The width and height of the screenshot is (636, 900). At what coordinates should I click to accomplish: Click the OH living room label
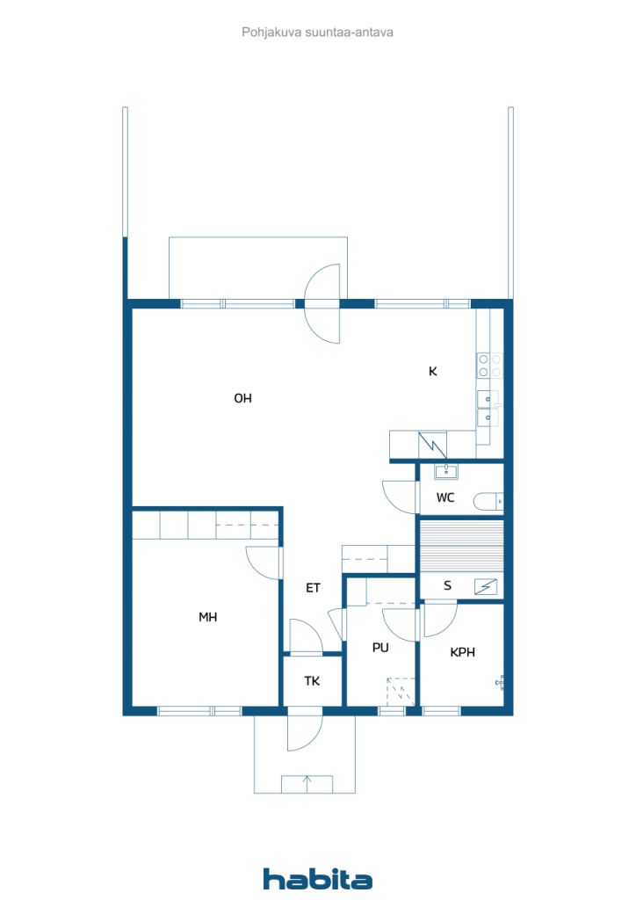tap(242, 398)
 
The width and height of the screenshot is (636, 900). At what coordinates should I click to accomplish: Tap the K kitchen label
tap(432, 371)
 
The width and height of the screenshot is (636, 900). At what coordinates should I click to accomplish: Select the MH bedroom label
tap(207, 618)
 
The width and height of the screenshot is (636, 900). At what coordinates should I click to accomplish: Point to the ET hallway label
tap(313, 588)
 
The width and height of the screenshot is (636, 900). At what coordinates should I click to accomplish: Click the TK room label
tap(312, 680)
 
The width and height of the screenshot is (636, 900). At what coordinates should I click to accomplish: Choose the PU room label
tap(379, 648)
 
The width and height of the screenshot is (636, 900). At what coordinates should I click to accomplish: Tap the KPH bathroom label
tap(462, 652)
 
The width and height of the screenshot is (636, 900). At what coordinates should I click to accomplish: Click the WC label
tap(445, 498)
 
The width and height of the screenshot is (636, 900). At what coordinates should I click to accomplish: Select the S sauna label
tap(447, 585)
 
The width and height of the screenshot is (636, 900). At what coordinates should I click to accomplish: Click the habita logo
tap(317, 878)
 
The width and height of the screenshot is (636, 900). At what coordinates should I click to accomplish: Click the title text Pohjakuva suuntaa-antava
tap(317, 32)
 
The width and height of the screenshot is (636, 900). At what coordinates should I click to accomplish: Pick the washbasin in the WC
tap(446, 471)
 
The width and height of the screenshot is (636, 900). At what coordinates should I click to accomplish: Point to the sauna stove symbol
tap(485, 586)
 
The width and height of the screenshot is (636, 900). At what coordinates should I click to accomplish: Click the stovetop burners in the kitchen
tap(489, 365)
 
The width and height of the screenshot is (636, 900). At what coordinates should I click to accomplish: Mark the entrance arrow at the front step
tap(307, 781)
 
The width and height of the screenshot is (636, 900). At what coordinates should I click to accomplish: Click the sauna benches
tap(460, 545)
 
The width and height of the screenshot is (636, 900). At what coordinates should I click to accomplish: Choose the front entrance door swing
tap(304, 729)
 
